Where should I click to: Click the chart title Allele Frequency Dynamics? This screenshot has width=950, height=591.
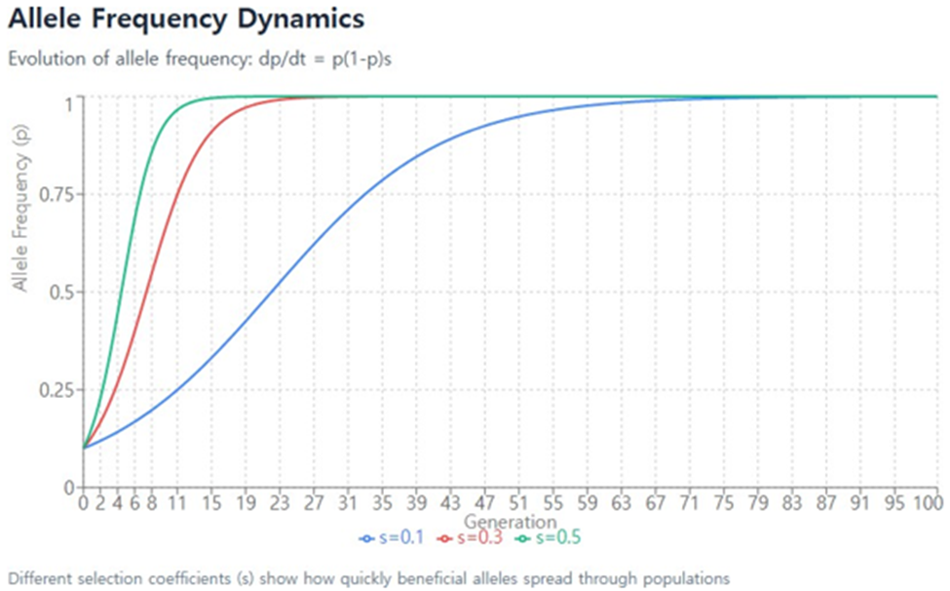186,19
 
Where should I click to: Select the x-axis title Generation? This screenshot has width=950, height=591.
510,522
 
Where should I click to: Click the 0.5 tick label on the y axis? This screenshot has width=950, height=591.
63,292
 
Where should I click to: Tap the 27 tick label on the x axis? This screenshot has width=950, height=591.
312,503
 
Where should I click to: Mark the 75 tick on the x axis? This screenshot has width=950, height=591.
718,503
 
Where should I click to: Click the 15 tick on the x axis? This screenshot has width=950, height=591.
210,503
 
